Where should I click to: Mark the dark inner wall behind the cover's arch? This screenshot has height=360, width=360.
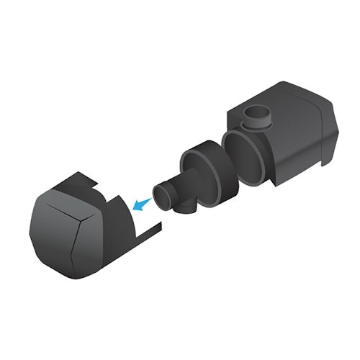point(115,216)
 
